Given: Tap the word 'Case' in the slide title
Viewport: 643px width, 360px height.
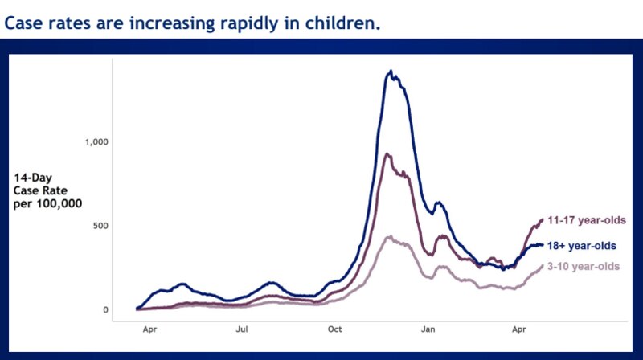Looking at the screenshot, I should pyautogui.click(x=26, y=23).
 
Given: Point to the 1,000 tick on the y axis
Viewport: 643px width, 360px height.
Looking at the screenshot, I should pyautogui.click(x=96, y=141).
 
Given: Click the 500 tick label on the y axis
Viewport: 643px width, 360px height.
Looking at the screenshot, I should pyautogui.click(x=100, y=226).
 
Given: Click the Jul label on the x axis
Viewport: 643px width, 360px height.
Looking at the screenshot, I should pyautogui.click(x=242, y=329).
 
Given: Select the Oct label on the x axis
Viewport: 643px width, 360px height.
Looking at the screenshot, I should pyautogui.click(x=335, y=329).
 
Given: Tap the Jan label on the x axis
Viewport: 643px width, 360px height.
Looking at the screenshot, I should pyautogui.click(x=428, y=329).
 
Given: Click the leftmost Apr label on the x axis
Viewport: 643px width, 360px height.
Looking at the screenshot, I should pyautogui.click(x=149, y=329).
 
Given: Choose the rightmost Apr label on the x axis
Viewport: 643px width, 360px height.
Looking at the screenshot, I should pyautogui.click(x=520, y=329).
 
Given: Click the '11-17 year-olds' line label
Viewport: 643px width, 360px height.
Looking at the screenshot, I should pyautogui.click(x=587, y=220).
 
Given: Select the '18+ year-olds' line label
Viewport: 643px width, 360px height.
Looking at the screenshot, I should pyautogui.click(x=587, y=245).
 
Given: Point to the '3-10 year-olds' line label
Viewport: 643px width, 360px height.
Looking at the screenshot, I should pyautogui.click(x=588, y=266).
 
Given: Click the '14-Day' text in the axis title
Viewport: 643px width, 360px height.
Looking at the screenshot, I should pyautogui.click(x=31, y=178).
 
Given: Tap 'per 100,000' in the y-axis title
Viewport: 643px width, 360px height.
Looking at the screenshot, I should pyautogui.click(x=47, y=203).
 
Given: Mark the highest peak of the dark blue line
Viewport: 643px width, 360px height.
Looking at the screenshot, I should pyautogui.click(x=391, y=72).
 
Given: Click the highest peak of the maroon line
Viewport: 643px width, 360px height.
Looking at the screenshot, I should pyautogui.click(x=387, y=154).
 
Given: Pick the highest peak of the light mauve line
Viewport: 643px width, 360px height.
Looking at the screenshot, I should pyautogui.click(x=389, y=236).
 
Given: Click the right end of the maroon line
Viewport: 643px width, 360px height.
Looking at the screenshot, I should pyautogui.click(x=542, y=219).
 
